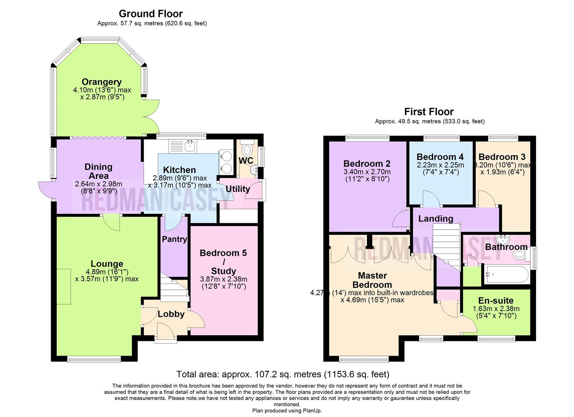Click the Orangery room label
(102, 82)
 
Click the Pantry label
(174, 239)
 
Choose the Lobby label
(171, 314)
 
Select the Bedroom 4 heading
(440, 157)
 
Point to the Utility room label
(238, 189)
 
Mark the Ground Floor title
(151, 14)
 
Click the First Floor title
(429, 112)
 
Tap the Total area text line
(283, 374)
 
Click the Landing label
(436, 219)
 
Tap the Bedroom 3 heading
(502, 157)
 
